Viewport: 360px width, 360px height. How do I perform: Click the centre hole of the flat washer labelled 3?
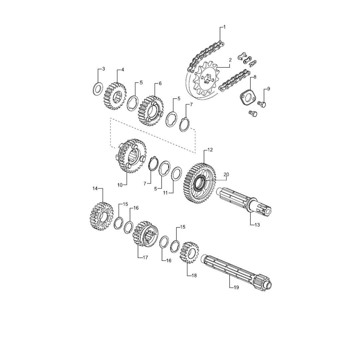pos(98,89)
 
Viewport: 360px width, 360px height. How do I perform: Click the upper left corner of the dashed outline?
pos(110,118)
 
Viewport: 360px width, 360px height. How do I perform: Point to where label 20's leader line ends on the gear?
pos(206,181)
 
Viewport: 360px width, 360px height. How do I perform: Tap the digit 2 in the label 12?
pos(211,150)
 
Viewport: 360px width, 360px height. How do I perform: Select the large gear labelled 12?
pos(200,183)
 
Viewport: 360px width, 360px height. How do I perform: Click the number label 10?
pos(120,185)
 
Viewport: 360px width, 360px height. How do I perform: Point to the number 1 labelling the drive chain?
pos(225,27)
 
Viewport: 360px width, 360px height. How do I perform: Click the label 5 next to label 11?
pos(156,189)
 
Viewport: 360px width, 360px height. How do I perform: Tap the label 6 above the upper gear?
pos(160,83)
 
